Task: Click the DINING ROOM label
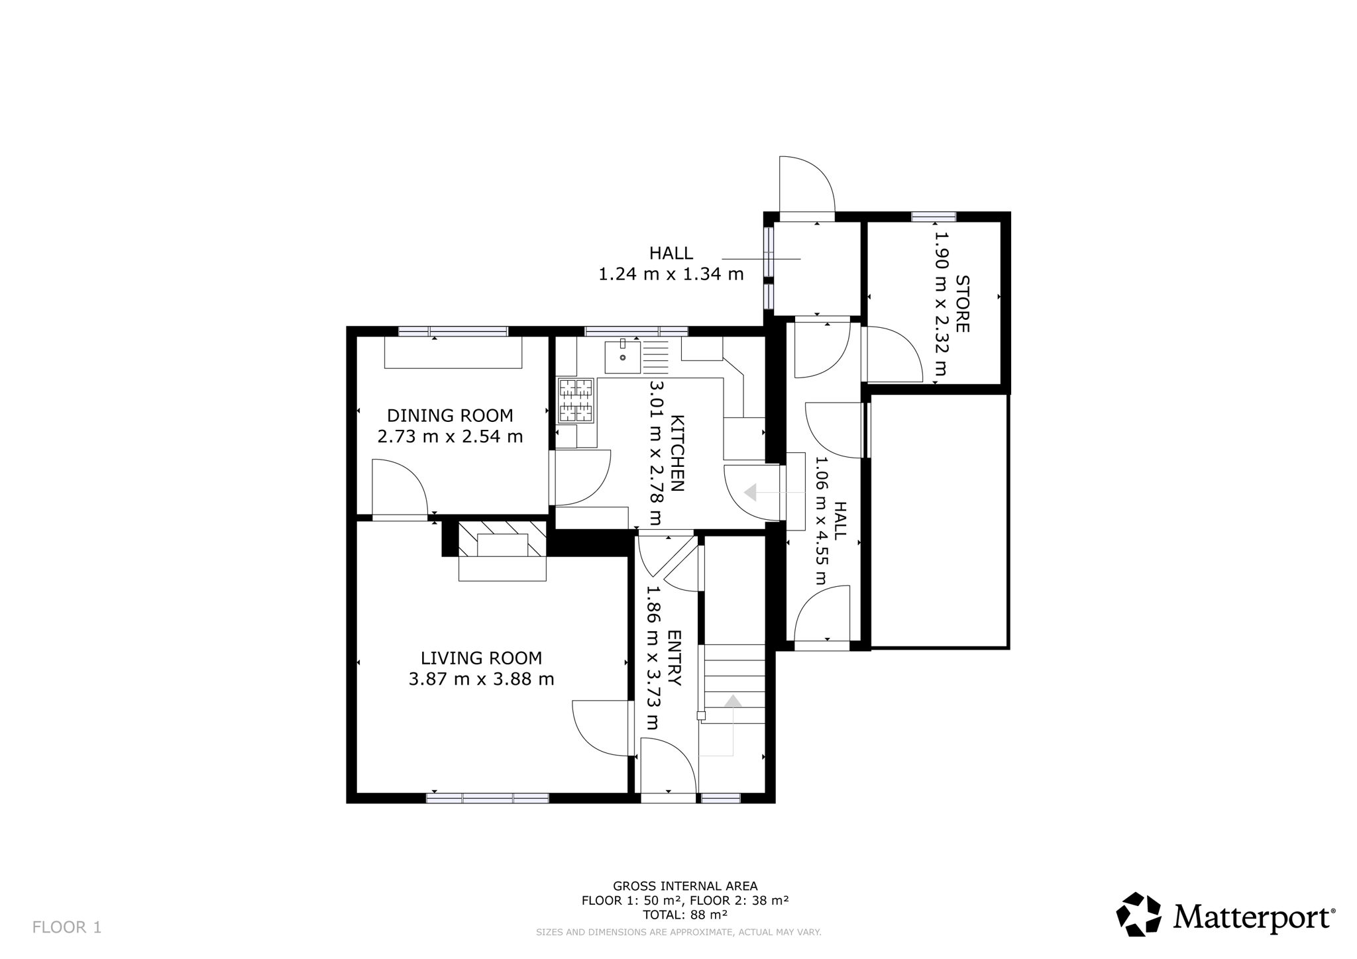pos(450,416)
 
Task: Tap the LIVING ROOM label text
pos(481,658)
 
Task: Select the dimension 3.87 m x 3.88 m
pos(481,680)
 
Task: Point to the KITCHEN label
pos(677,453)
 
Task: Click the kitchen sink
pos(623,357)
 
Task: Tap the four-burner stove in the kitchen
pos(575,401)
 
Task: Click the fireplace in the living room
pos(502,551)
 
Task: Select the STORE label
pos(961,304)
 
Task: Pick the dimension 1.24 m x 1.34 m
pos(671,274)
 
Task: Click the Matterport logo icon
pos(1138,914)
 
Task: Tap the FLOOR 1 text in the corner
pos(67,927)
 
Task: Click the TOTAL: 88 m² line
pos(685,915)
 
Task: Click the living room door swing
pos(600,728)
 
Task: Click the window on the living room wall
pos(488,798)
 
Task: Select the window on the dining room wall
pos(453,331)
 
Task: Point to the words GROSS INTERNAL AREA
pos(685,886)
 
